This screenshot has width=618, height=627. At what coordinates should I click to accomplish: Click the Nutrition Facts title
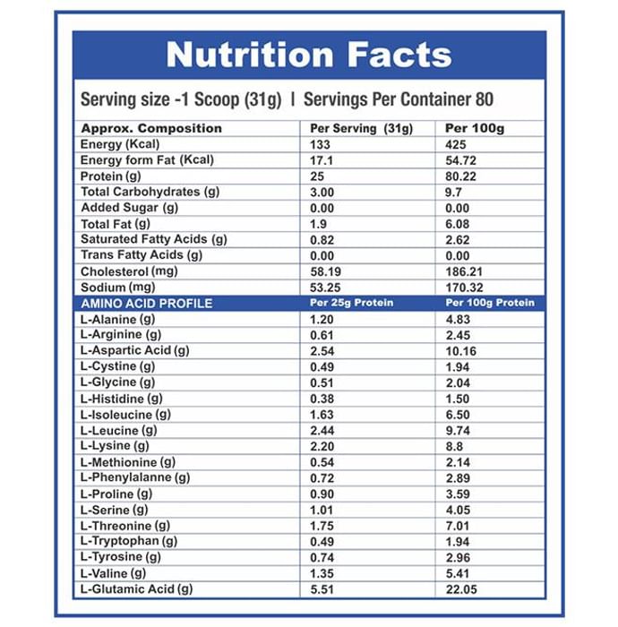pyautogui.click(x=309, y=55)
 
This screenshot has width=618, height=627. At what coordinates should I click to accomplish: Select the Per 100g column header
pyautogui.click(x=475, y=128)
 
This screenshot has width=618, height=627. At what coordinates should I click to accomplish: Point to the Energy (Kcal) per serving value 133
pyautogui.click(x=320, y=144)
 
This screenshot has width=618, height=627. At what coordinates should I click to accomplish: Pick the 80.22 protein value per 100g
pyautogui.click(x=462, y=176)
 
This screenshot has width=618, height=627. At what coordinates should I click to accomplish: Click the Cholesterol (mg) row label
pyautogui.click(x=129, y=271)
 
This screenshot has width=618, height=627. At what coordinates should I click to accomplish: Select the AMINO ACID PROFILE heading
pyautogui.click(x=146, y=303)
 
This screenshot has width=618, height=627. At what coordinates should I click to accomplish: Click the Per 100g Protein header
pyautogui.click(x=489, y=303)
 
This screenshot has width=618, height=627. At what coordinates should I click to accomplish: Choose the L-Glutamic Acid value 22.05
pyautogui.click(x=462, y=589)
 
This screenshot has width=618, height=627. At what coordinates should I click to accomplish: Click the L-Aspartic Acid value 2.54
pyautogui.click(x=322, y=350)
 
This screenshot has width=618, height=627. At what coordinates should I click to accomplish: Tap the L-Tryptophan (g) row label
pyautogui.click(x=128, y=541)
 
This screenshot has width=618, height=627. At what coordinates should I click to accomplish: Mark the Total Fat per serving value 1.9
pyautogui.click(x=318, y=223)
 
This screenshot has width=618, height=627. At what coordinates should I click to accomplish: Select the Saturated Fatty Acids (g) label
pyautogui.click(x=153, y=239)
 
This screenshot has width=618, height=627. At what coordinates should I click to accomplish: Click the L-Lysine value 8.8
pyautogui.click(x=455, y=446)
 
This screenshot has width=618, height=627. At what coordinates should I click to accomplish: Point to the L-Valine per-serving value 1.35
pyautogui.click(x=322, y=573)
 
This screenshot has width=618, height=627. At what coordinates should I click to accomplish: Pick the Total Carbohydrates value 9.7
pyautogui.click(x=455, y=192)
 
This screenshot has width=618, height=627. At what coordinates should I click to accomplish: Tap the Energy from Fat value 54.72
pyautogui.click(x=462, y=159)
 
